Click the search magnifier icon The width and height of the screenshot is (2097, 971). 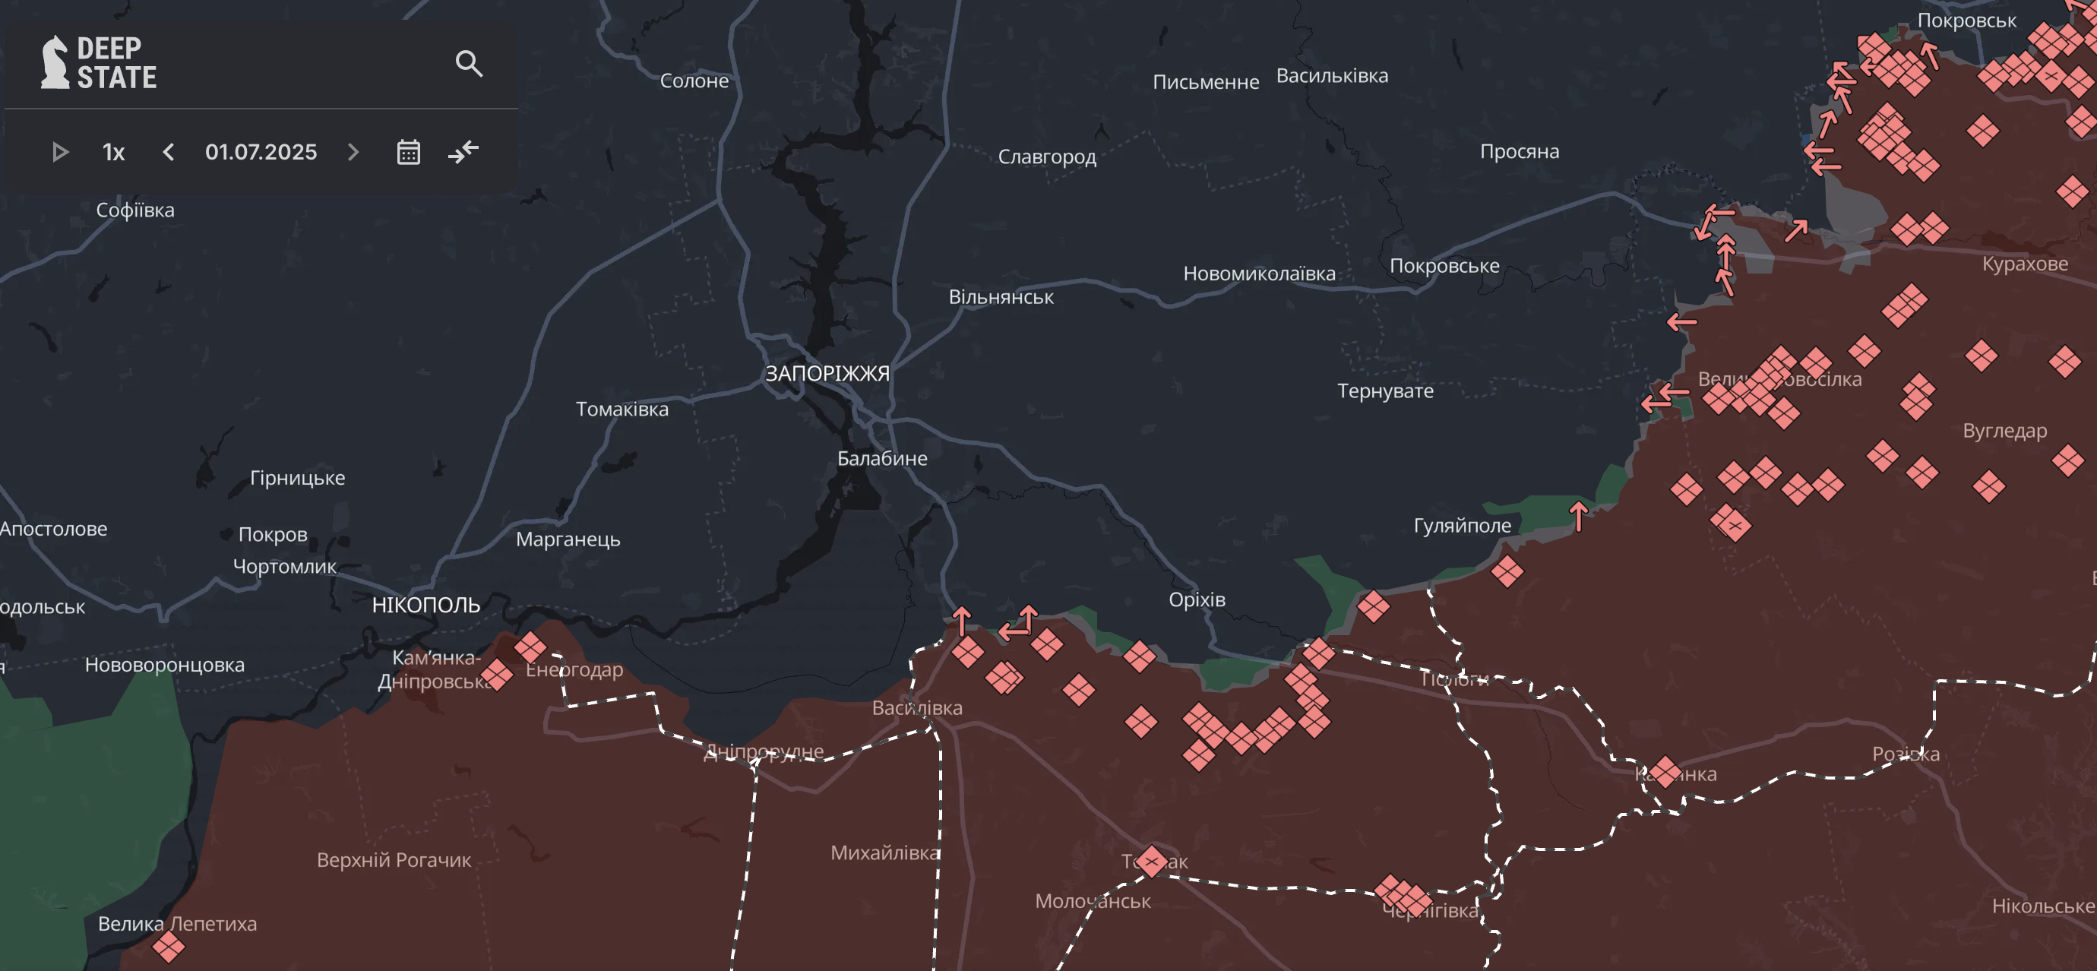point(469,64)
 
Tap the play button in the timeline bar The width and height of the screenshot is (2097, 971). point(59,152)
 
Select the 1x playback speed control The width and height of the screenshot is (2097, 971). point(113,152)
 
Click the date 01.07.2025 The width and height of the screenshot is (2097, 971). point(261,152)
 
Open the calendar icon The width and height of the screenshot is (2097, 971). point(408,152)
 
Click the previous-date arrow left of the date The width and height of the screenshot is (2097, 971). point(169,152)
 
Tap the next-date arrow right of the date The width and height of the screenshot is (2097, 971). point(353,152)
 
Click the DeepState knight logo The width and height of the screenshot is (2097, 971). point(55,62)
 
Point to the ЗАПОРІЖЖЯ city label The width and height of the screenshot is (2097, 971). point(827,374)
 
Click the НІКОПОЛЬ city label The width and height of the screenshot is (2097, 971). point(425,605)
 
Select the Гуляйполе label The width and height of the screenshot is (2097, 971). point(1461,526)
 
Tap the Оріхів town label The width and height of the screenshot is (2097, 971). point(1196,600)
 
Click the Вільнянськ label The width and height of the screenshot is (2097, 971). point(1001,297)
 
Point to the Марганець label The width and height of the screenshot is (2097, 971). point(568,539)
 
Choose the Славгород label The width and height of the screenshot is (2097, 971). point(1047,157)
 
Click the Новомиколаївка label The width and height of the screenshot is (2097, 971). point(1258,274)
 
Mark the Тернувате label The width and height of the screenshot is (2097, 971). point(1384,391)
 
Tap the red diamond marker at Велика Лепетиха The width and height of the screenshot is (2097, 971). point(169,947)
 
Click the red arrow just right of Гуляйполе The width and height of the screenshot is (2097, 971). point(1579,516)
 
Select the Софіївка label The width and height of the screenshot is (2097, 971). point(135,210)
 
